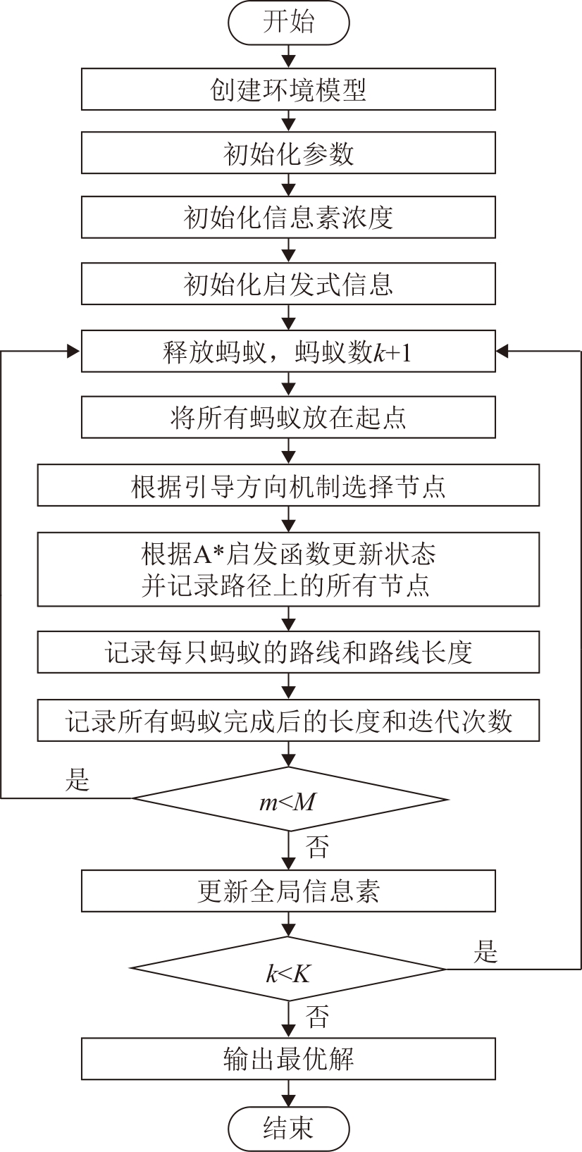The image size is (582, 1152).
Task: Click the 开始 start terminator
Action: click(288, 23)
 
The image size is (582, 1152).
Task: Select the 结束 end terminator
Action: click(288, 1127)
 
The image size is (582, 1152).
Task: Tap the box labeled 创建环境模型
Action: click(288, 89)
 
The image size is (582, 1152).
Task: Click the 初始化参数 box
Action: click(288, 153)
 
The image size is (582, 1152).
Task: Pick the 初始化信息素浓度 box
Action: click(288, 217)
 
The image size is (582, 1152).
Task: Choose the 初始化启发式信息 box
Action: click(288, 284)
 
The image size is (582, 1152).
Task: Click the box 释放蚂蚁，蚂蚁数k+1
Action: click(288, 351)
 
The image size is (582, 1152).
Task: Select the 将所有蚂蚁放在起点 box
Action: click(288, 417)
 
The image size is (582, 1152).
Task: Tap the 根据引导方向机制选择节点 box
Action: click(288, 485)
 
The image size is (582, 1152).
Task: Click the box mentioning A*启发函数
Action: click(288, 569)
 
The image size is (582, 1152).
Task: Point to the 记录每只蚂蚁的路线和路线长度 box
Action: click(288, 652)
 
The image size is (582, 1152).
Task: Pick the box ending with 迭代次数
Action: click(288, 720)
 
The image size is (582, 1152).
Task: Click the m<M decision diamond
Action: click(288, 800)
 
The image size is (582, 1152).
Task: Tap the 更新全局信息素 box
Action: click(288, 891)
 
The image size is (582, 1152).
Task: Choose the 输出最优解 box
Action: click(288, 1058)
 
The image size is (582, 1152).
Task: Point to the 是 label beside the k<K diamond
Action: click(485, 952)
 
